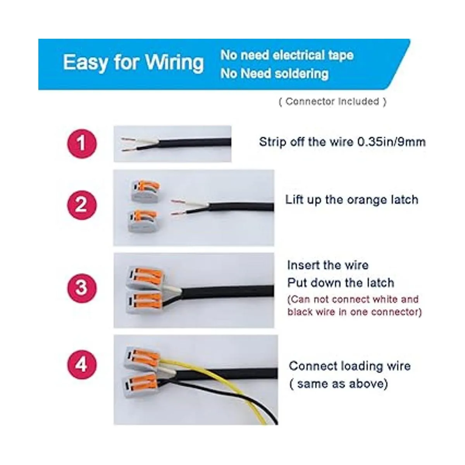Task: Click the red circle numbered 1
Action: point(81,143)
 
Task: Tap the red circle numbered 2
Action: point(81,205)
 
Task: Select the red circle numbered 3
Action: point(81,288)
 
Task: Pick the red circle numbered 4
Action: point(81,364)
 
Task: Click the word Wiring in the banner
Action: point(175,63)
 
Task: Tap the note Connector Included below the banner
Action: point(332,102)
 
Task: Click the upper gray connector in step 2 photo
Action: point(146,191)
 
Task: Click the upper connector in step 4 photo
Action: point(142,359)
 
